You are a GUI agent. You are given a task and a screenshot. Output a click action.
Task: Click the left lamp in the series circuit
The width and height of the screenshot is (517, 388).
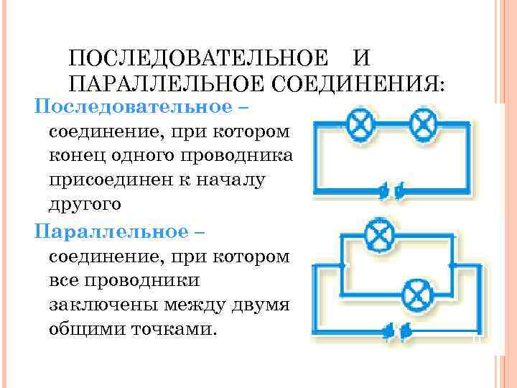[x=361, y=126]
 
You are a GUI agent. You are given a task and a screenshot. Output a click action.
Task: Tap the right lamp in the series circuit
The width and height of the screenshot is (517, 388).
[x=424, y=126]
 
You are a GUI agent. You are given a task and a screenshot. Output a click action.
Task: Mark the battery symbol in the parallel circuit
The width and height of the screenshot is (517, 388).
[x=397, y=331]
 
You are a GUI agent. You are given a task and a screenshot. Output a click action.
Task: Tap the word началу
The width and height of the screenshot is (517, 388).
[x=230, y=180]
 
